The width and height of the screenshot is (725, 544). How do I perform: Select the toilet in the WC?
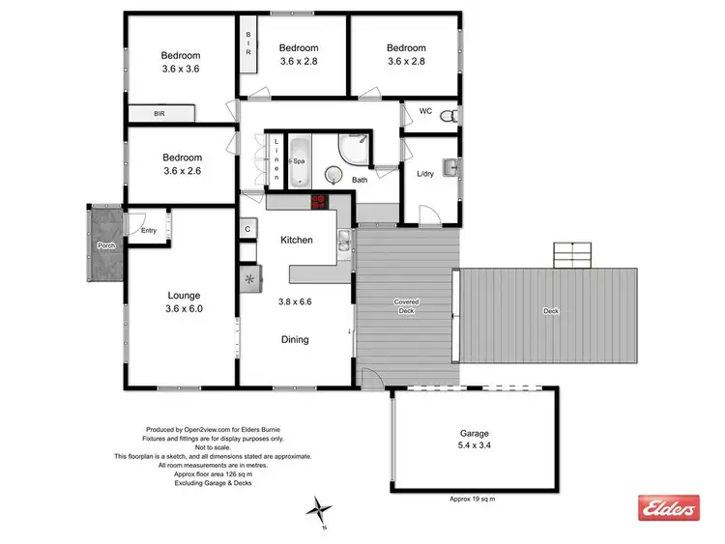tap(447, 116)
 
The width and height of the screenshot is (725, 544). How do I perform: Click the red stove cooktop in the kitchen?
tap(319, 202)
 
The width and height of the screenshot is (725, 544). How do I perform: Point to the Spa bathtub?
tap(299, 161)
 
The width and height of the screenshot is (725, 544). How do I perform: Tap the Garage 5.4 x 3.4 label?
tap(474, 441)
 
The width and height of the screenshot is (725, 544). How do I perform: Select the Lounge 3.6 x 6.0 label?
tap(184, 302)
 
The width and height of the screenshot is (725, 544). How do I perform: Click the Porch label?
tap(105, 245)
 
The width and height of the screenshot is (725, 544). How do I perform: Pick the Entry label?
tap(148, 230)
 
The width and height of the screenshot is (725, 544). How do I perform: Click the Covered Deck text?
tap(406, 306)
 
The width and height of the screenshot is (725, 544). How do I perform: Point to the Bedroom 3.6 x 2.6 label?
tap(182, 165)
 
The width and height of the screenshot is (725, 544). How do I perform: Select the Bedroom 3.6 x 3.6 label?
tap(181, 62)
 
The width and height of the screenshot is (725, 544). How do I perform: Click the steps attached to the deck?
tap(570, 255)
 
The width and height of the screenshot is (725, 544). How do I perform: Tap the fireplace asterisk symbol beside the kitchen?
tap(250, 279)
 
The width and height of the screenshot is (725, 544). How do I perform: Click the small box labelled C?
tap(248, 229)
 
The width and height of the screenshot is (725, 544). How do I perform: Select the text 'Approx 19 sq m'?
tap(474, 499)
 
